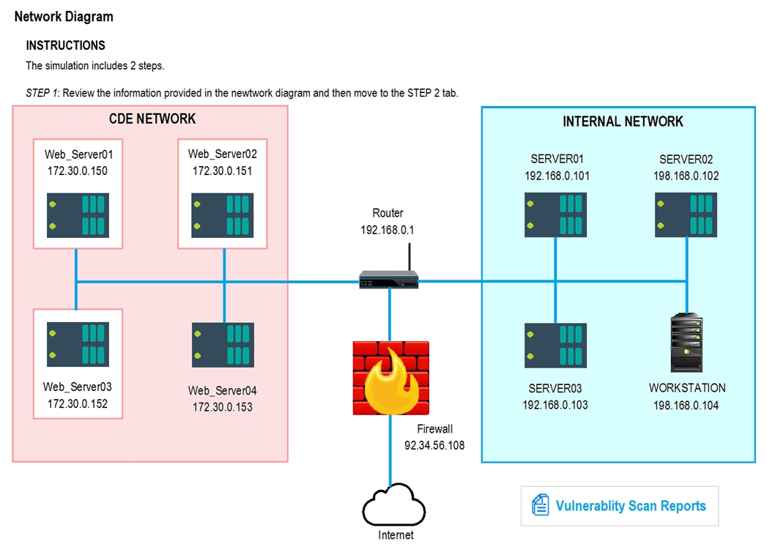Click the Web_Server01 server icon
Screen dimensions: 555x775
(78, 215)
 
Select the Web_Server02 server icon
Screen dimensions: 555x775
(222, 215)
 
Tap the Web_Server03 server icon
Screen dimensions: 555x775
(78, 344)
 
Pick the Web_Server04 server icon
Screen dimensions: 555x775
(223, 345)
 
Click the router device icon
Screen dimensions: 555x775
(388, 279)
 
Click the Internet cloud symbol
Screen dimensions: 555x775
(394, 505)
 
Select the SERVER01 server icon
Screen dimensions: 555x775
(555, 215)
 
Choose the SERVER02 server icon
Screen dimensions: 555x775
(686, 215)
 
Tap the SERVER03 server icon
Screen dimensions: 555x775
(555, 345)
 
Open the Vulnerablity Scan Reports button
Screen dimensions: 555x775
(620, 506)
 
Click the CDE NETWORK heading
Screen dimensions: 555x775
(152, 119)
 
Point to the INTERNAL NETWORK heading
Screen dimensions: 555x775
(623, 122)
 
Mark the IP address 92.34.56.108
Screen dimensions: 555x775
(434, 445)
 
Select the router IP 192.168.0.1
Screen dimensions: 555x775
(387, 229)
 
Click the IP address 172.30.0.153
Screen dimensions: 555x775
(222, 407)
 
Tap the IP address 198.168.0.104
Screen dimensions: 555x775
(686, 405)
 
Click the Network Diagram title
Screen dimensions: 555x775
(64, 16)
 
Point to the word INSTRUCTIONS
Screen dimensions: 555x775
(66, 45)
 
